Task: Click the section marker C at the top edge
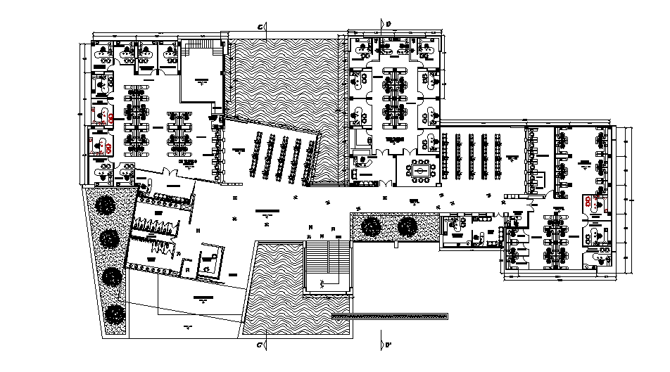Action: click(261, 27)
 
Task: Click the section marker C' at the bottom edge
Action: click(261, 345)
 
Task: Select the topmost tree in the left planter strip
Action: click(106, 205)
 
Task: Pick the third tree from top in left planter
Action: click(110, 276)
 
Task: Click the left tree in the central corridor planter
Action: click(371, 226)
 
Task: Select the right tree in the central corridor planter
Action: click(407, 226)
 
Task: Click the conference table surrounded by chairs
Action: click(420, 169)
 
